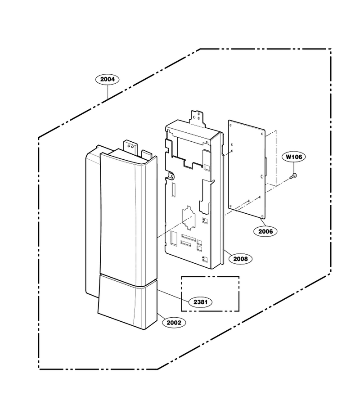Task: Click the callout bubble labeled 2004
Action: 107,79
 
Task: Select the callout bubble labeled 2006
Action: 265,231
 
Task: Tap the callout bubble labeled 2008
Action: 240,259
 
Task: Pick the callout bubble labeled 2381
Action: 201,301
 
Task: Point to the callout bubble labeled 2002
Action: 174,322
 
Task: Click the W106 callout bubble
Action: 294,157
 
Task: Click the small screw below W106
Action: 294,176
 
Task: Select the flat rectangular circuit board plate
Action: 247,170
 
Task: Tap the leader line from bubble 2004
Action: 108,92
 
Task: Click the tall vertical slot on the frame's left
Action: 174,190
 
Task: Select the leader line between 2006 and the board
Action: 263,222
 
